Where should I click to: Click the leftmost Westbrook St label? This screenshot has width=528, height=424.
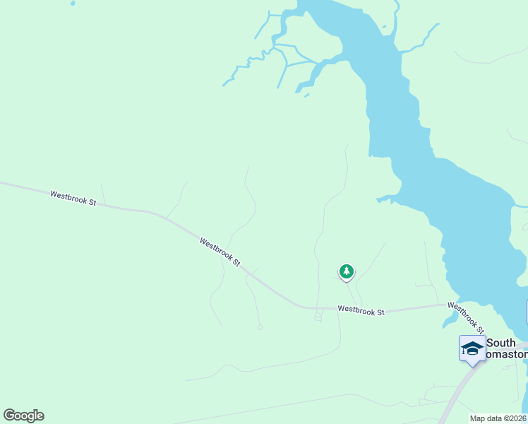73,197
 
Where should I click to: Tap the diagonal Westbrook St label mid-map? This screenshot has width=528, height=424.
220,252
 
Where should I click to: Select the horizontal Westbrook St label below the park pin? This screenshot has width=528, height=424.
361,310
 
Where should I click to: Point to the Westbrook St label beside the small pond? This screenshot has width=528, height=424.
466,317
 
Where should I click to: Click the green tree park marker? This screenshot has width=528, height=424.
346,271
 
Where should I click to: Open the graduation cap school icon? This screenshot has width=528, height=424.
472,348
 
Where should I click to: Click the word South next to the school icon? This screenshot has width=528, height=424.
501,343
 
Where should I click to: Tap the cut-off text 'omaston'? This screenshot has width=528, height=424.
508,355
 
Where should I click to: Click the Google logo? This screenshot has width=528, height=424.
23,416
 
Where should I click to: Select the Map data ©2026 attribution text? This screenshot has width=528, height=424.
498,418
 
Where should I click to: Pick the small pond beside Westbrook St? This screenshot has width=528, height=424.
449,320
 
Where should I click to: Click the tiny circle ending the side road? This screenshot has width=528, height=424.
260,326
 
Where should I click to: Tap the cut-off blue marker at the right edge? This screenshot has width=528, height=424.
527,312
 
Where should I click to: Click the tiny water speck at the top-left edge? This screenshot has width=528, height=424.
72,4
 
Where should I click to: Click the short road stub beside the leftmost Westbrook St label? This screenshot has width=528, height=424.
103,193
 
